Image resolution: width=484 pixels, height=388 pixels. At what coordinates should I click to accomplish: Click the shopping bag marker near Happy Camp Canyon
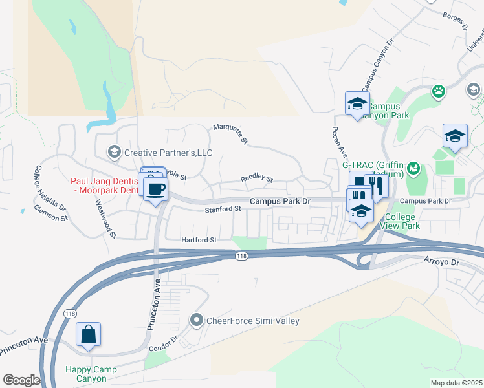click(x=89, y=335)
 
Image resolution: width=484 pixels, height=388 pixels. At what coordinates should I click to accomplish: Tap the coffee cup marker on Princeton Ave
click(x=155, y=189)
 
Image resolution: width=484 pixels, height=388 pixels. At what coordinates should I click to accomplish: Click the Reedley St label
click(x=257, y=178)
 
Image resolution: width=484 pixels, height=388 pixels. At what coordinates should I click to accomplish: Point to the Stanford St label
click(x=223, y=209)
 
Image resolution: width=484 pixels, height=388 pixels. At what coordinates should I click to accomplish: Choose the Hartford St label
click(x=199, y=239)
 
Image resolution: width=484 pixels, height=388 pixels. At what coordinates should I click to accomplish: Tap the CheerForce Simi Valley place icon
click(x=197, y=319)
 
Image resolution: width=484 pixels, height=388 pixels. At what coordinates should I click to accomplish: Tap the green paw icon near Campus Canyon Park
click(x=439, y=91)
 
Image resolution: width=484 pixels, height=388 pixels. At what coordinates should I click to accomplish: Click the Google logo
click(x=21, y=380)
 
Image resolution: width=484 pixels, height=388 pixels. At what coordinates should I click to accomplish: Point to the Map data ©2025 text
click(x=456, y=383)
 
